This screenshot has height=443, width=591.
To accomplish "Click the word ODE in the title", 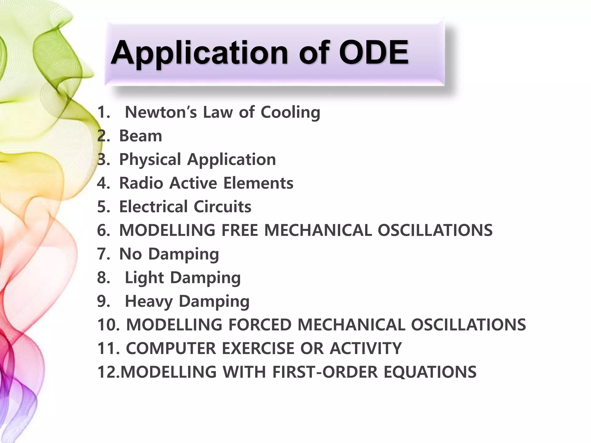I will tap(373, 52).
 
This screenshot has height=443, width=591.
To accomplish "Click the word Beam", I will tap(141, 136).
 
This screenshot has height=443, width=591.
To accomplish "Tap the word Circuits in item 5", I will tap(222, 207).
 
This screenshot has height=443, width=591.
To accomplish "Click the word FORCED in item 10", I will tap(260, 325).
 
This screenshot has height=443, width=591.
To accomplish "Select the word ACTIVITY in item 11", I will tap(366, 348).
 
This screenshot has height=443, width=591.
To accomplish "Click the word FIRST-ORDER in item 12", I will tap(325, 372).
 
